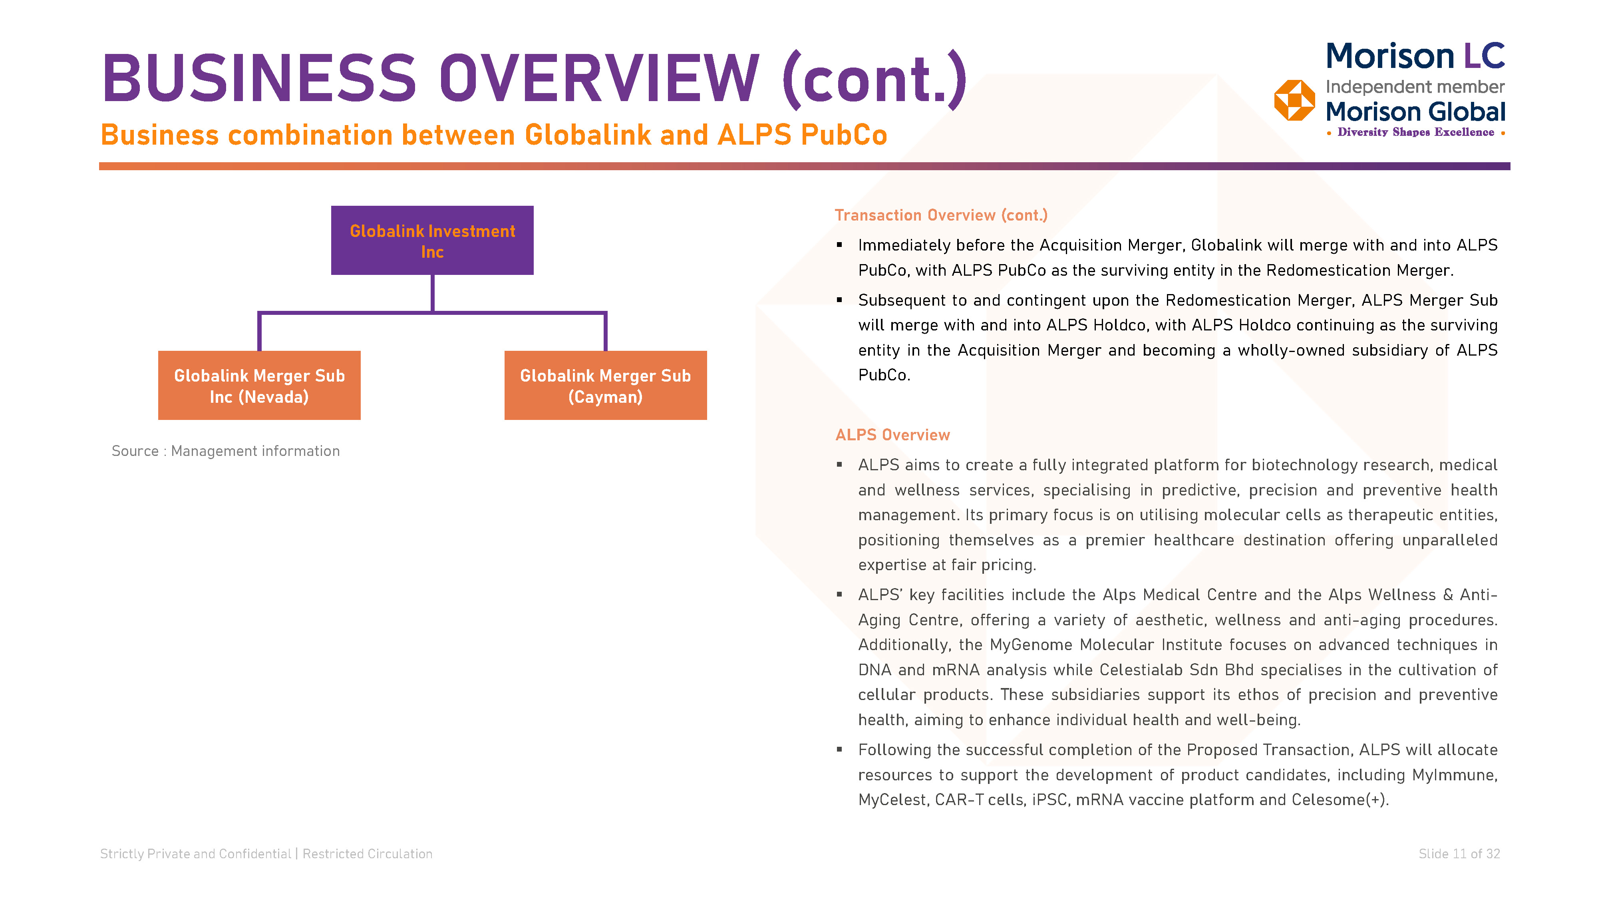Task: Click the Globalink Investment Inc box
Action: coord(432,240)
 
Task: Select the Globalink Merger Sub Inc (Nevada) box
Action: coord(259,385)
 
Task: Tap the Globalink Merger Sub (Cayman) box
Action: coord(606,385)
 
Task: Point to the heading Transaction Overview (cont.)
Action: coord(941,215)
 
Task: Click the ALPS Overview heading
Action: coord(892,435)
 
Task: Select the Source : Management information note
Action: coord(226,451)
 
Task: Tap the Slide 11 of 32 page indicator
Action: coord(1459,854)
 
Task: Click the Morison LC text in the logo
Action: coord(1415,56)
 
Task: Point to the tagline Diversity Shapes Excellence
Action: coord(1415,132)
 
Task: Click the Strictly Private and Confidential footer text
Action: coord(195,854)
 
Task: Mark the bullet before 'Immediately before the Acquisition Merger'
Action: coord(839,245)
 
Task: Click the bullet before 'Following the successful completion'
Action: coord(839,750)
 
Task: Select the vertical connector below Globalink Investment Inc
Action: coord(432,293)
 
